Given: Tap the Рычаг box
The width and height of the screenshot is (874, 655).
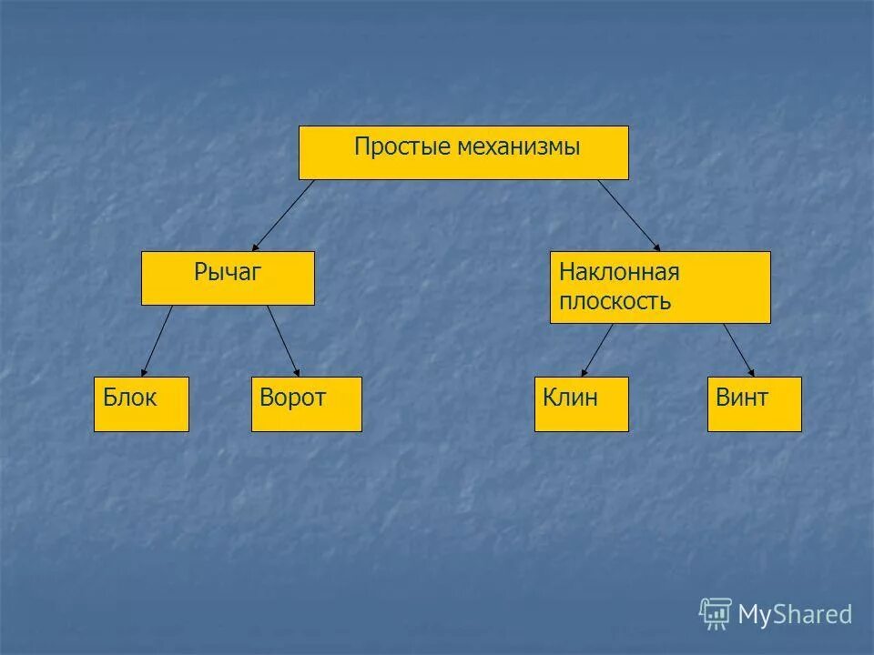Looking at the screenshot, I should [x=228, y=277].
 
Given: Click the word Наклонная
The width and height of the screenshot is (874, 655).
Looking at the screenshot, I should [x=619, y=272].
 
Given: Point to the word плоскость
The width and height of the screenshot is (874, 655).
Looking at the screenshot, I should [x=615, y=301].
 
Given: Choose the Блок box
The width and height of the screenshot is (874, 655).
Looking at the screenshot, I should [x=141, y=404].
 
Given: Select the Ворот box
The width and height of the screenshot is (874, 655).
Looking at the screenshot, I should [x=306, y=404].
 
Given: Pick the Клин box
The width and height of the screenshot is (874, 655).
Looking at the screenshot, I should [x=581, y=404].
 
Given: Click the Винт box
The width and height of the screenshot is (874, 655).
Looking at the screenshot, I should [x=754, y=404].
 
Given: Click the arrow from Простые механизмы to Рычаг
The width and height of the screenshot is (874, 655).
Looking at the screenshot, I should [x=284, y=215].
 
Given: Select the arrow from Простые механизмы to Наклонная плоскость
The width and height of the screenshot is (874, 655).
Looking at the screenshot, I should [x=628, y=215].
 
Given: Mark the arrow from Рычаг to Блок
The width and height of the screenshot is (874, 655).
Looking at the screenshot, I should [x=158, y=340].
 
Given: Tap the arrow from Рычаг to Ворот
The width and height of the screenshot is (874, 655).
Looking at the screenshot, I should [x=283, y=340].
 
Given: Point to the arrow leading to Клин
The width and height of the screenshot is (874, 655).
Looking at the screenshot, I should [x=597, y=350].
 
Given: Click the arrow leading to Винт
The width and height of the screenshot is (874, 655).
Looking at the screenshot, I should [x=738, y=350].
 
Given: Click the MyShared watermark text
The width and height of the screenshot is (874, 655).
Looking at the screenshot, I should [x=794, y=615].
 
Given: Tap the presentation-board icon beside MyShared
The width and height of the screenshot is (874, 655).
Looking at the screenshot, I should [x=716, y=613].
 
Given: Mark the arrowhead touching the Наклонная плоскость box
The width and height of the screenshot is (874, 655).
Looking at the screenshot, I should [x=657, y=247].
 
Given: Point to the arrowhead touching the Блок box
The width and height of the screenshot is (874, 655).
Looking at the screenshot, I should [x=144, y=371].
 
